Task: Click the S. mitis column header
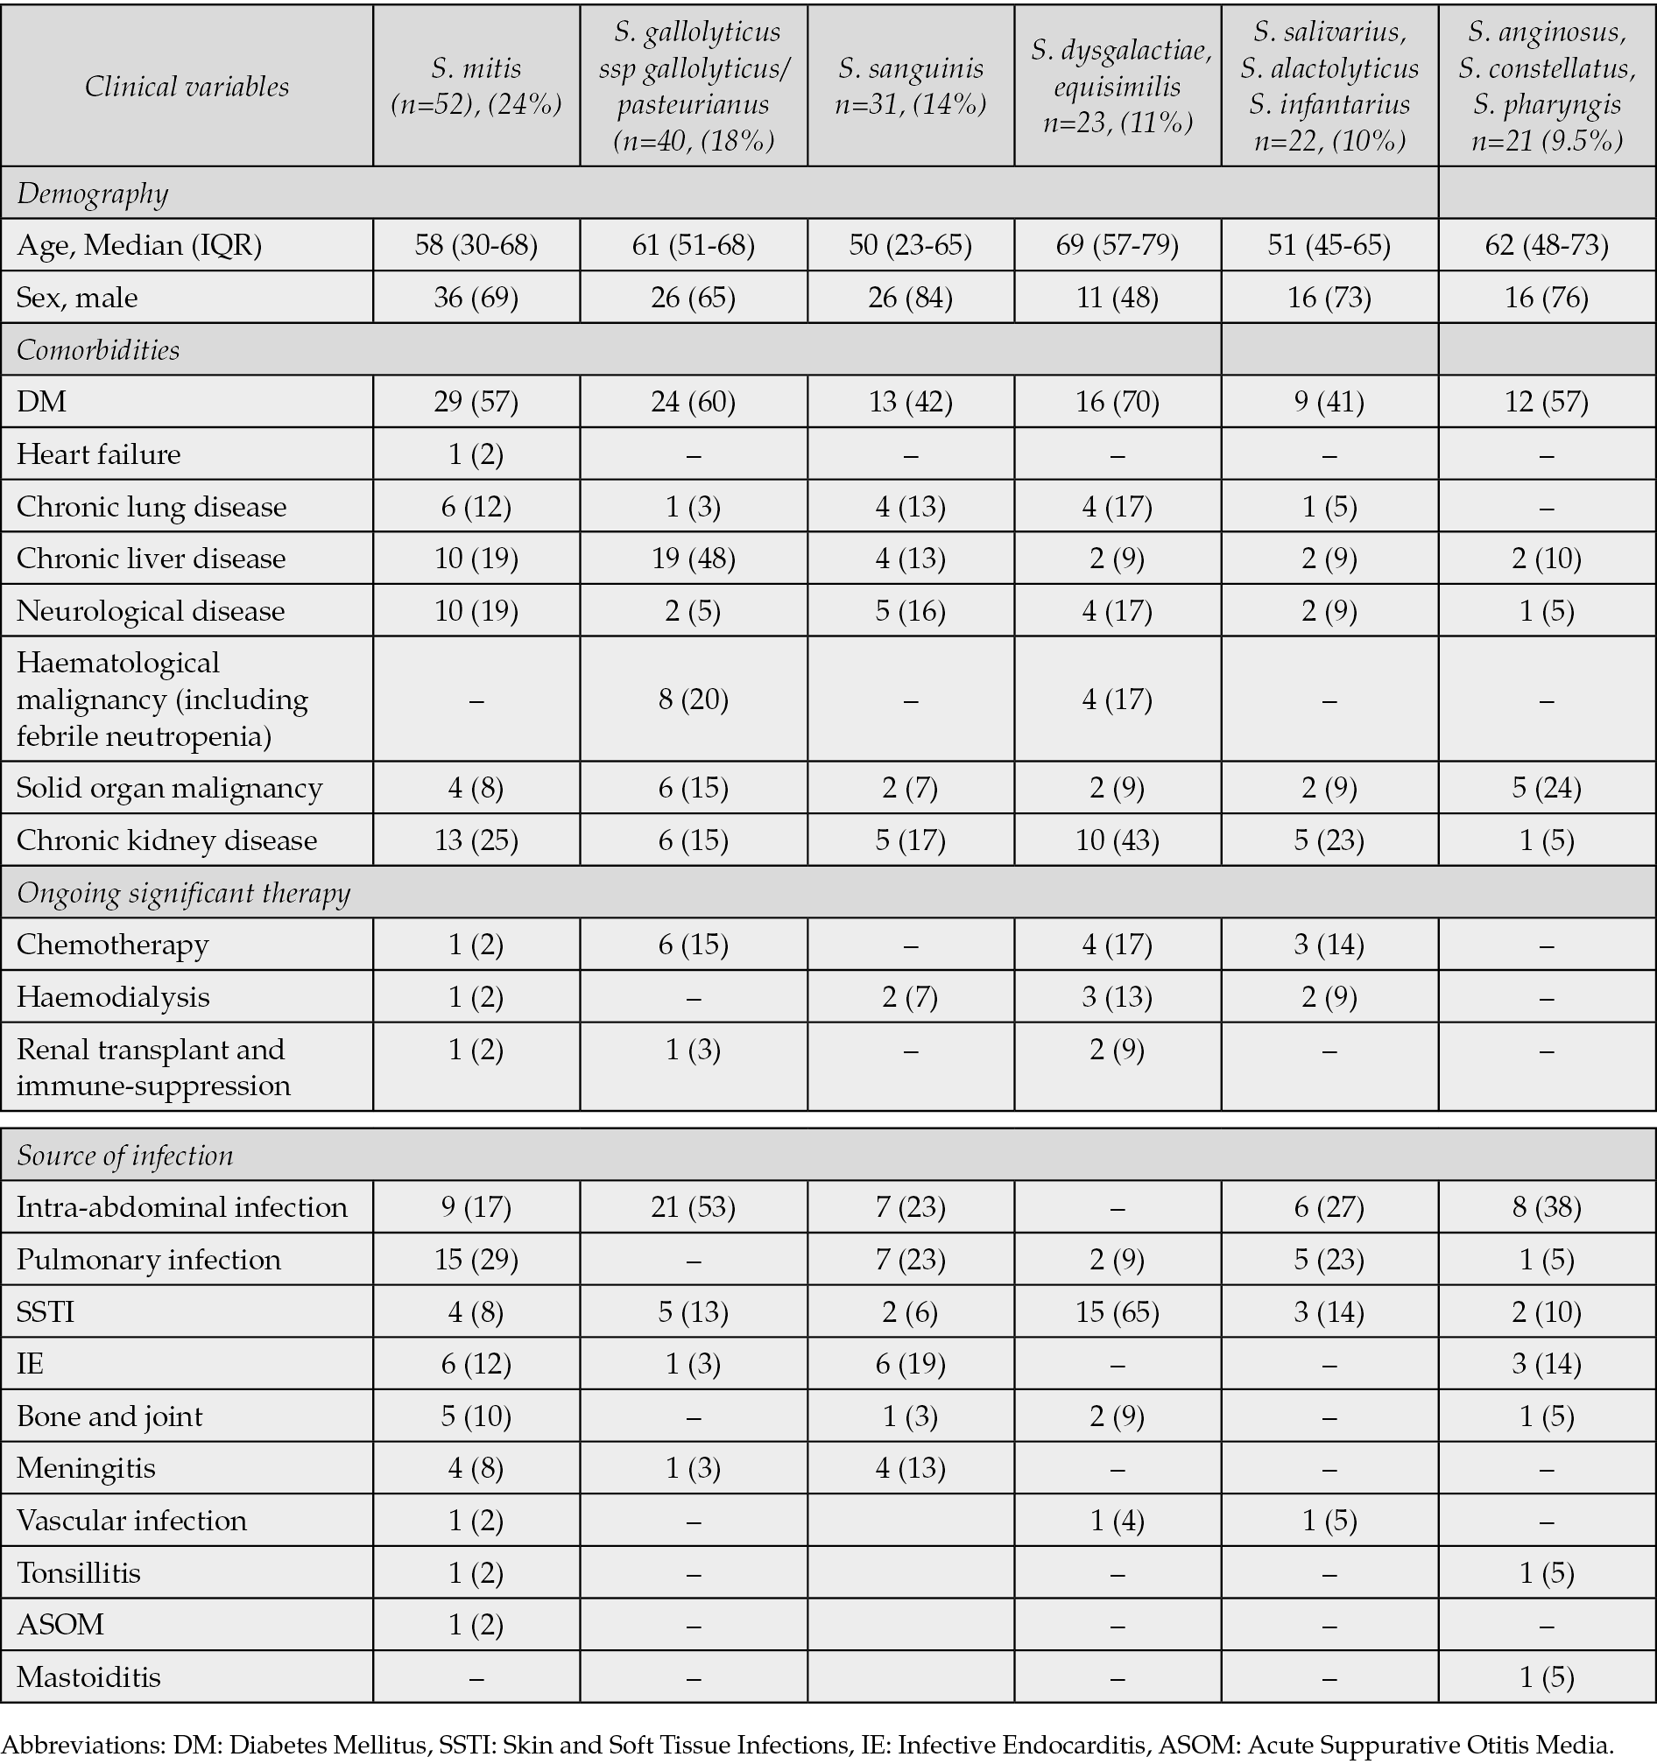(x=476, y=86)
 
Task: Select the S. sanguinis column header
(x=911, y=86)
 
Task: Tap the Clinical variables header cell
(x=187, y=86)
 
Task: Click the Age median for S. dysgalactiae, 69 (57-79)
(x=1117, y=245)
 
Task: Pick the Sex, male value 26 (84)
(x=911, y=298)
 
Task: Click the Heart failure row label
(x=98, y=454)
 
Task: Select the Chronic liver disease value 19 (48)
(x=693, y=559)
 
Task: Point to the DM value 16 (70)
(x=1117, y=402)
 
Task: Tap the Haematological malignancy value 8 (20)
(x=693, y=700)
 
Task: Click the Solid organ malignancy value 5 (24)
(x=1547, y=788)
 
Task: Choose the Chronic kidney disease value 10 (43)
(x=1117, y=840)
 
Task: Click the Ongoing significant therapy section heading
(x=184, y=893)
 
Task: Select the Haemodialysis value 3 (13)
(x=1117, y=997)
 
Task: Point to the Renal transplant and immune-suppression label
(x=153, y=1067)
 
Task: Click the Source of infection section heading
(x=125, y=1156)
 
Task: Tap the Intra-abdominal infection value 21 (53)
(x=693, y=1207)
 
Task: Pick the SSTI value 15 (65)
(x=1117, y=1312)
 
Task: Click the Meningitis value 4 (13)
(x=911, y=1468)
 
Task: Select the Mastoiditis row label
(x=88, y=1678)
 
